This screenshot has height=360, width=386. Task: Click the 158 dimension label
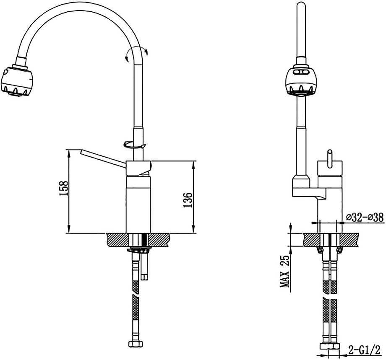64,188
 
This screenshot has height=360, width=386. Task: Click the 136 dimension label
188,200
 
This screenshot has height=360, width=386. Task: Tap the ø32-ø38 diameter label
365,217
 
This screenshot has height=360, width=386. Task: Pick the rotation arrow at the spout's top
136,54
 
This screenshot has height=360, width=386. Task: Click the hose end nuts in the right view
330,346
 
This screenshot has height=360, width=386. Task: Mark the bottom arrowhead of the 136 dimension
194,231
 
